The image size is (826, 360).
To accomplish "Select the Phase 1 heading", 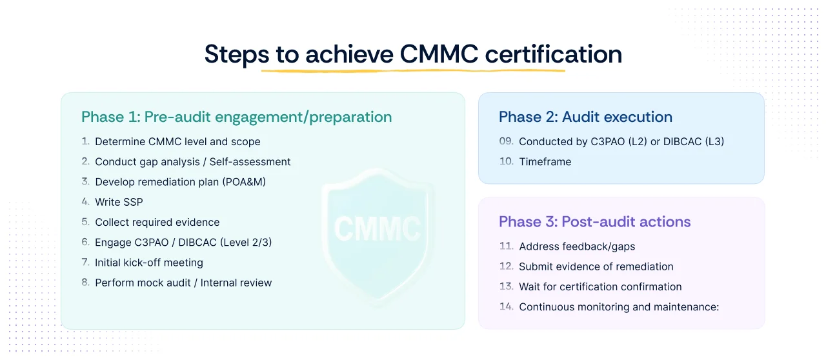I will coord(236,117).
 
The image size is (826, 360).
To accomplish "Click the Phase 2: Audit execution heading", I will coord(585,117).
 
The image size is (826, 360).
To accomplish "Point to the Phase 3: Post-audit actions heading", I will coord(594,222).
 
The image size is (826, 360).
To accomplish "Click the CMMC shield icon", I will coord(377,228).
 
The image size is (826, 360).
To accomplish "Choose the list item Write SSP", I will coord(119,202).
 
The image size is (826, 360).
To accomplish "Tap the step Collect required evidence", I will coord(157,222).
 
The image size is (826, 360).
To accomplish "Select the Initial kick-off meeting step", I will coord(148,263).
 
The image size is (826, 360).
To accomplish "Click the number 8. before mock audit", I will coord(86,283).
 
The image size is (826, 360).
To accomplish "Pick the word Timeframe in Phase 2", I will coord(545,162).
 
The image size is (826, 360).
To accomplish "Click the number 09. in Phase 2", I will coord(507,141).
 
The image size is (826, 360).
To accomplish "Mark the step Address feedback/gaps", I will coord(577,246).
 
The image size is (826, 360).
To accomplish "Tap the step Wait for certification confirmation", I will coord(600,286).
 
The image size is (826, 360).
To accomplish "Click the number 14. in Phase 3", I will coord(507,307).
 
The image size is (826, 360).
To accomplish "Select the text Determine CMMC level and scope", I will coord(177,141).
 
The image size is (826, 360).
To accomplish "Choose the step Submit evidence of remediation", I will coord(596,266).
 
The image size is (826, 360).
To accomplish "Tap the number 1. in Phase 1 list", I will coord(86,141).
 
